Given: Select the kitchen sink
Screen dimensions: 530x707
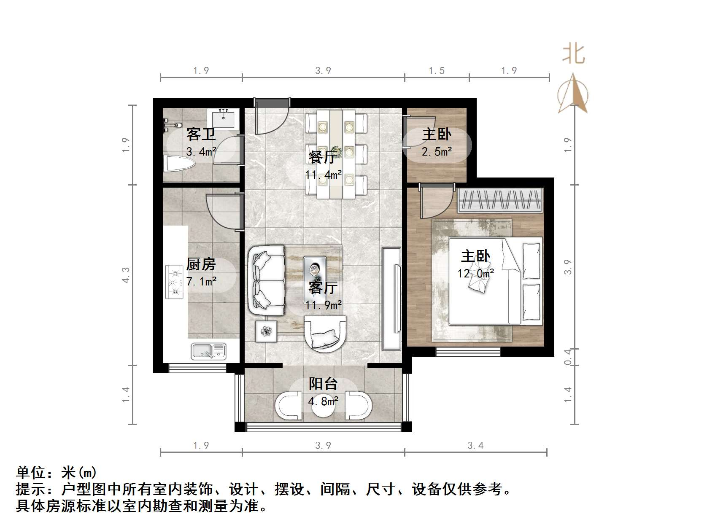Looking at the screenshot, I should pyautogui.click(x=208, y=351).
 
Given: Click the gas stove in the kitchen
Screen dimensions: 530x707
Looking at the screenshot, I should pyautogui.click(x=174, y=281).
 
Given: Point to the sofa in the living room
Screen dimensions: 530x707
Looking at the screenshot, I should pyautogui.click(x=267, y=281).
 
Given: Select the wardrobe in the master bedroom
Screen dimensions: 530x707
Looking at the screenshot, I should pyautogui.click(x=499, y=199).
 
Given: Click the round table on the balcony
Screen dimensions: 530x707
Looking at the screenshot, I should pyautogui.click(x=324, y=406).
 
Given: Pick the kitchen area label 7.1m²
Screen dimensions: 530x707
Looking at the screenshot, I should pyautogui.click(x=202, y=281).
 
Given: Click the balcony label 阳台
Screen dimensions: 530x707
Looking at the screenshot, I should pyautogui.click(x=323, y=384).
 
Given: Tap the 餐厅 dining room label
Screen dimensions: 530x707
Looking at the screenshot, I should pyautogui.click(x=323, y=157).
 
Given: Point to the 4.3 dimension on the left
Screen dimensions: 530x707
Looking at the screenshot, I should pyautogui.click(x=126, y=275).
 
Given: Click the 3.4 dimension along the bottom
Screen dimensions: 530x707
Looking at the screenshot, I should pyautogui.click(x=475, y=445).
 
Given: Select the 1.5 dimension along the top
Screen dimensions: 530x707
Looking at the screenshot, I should pyautogui.click(x=437, y=71).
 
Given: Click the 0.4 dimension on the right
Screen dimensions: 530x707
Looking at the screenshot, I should pyautogui.click(x=568, y=357).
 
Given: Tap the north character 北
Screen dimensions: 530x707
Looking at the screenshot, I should pyautogui.click(x=573, y=54).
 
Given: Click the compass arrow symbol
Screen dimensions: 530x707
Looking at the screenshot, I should pyautogui.click(x=573, y=94).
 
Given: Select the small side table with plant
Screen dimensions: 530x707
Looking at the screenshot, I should pyautogui.click(x=266, y=331).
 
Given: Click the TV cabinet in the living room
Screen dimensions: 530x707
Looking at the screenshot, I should pyautogui.click(x=391, y=299).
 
